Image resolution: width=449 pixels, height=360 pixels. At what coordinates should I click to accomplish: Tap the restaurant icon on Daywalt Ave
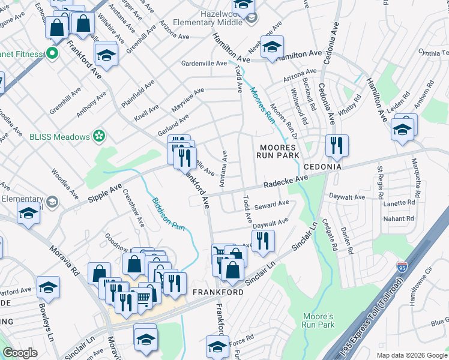[263, 241]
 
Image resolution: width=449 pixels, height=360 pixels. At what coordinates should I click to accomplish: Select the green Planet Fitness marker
[52, 53]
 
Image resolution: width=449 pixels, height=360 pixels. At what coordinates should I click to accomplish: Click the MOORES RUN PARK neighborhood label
[277, 151]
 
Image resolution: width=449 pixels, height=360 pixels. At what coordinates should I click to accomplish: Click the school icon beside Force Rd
[217, 346]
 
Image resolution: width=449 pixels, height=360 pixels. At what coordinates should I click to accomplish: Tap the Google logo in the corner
[20, 353]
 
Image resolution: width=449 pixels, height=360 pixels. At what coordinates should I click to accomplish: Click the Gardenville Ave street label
[204, 63]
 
